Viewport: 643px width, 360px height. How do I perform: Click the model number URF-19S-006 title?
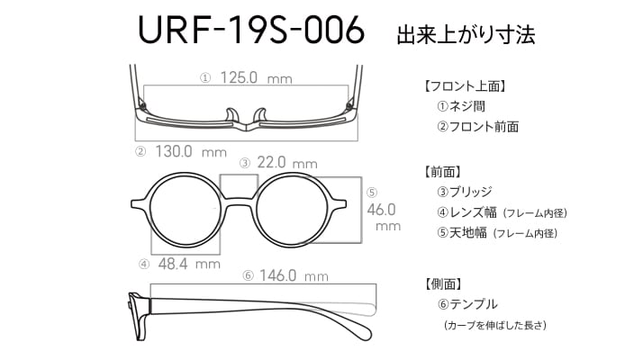(251, 30)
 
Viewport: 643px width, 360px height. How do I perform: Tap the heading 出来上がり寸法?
(466, 34)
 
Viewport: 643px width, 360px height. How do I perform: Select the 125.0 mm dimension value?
(257, 77)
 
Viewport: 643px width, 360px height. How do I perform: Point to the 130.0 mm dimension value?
(191, 152)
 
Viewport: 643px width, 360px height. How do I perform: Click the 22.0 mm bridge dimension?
(287, 163)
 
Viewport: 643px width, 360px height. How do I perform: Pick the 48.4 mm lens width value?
(189, 264)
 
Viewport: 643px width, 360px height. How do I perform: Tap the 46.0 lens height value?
(381, 210)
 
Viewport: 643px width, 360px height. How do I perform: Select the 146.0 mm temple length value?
(294, 275)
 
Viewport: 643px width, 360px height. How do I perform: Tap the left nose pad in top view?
(232, 115)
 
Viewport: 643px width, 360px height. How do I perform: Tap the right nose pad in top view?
(260, 115)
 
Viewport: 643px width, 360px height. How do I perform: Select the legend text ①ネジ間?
(461, 106)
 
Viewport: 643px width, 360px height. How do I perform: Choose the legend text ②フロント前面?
(477, 127)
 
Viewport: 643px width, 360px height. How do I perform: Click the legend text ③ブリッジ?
(464, 192)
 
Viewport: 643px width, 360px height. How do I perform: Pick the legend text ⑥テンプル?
(467, 304)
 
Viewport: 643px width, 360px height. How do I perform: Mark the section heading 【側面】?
(443, 283)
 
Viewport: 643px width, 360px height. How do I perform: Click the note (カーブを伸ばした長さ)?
(495, 325)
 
